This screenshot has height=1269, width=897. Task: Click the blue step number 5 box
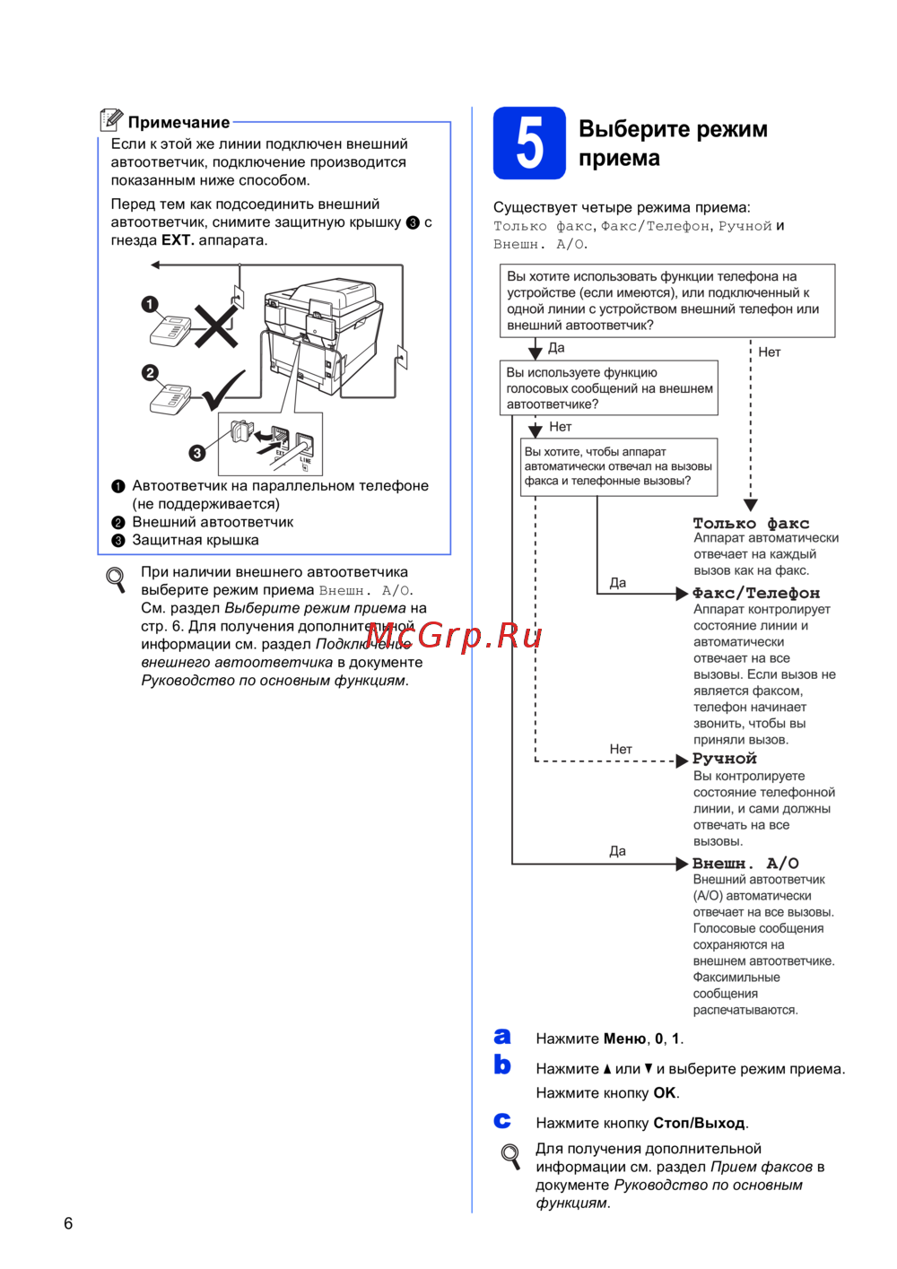click(x=529, y=143)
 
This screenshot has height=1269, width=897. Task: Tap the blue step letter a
click(x=502, y=1037)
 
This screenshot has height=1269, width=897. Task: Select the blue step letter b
click(x=502, y=1065)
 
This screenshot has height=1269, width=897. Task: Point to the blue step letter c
click(x=502, y=1121)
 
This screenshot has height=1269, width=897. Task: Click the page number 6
click(x=68, y=1223)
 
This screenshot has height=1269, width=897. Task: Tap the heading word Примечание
click(x=179, y=123)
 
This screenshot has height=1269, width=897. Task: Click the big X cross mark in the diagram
click(x=216, y=325)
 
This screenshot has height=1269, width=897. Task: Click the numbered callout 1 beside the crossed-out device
click(x=150, y=305)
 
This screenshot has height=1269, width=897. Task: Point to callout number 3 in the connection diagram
click(x=196, y=453)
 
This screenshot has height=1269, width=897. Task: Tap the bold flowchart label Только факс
click(x=751, y=523)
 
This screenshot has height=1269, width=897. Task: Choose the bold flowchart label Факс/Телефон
click(x=756, y=593)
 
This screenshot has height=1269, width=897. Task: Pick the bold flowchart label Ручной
click(x=725, y=759)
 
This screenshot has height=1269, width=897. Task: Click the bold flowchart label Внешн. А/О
click(x=745, y=864)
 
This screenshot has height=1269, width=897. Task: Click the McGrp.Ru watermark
click(x=454, y=636)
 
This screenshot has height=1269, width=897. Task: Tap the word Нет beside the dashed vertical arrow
click(x=770, y=352)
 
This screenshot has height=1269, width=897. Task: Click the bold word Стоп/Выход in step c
click(x=699, y=1123)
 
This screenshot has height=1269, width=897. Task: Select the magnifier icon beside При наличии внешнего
click(x=116, y=579)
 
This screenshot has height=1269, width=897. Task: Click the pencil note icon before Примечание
click(x=111, y=119)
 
